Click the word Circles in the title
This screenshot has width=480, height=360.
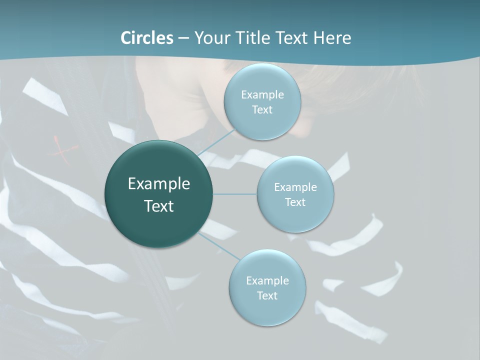pyautogui.click(x=146, y=38)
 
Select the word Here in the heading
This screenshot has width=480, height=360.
pyautogui.click(x=332, y=38)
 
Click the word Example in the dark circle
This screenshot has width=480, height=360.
pyautogui.click(x=159, y=184)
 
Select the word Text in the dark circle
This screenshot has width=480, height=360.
pyautogui.click(x=159, y=206)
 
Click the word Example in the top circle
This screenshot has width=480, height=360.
pyautogui.click(x=262, y=95)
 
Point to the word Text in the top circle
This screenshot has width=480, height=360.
pyautogui.click(x=262, y=110)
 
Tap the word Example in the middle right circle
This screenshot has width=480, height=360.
pyautogui.click(x=295, y=187)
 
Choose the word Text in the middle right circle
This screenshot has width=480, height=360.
pyautogui.click(x=295, y=202)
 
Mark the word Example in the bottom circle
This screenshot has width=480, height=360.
pyautogui.click(x=267, y=281)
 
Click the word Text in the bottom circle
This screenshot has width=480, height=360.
pyautogui.click(x=267, y=296)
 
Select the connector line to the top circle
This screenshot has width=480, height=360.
pyautogui.click(x=216, y=142)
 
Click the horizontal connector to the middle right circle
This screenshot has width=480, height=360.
pyautogui.click(x=235, y=194)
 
